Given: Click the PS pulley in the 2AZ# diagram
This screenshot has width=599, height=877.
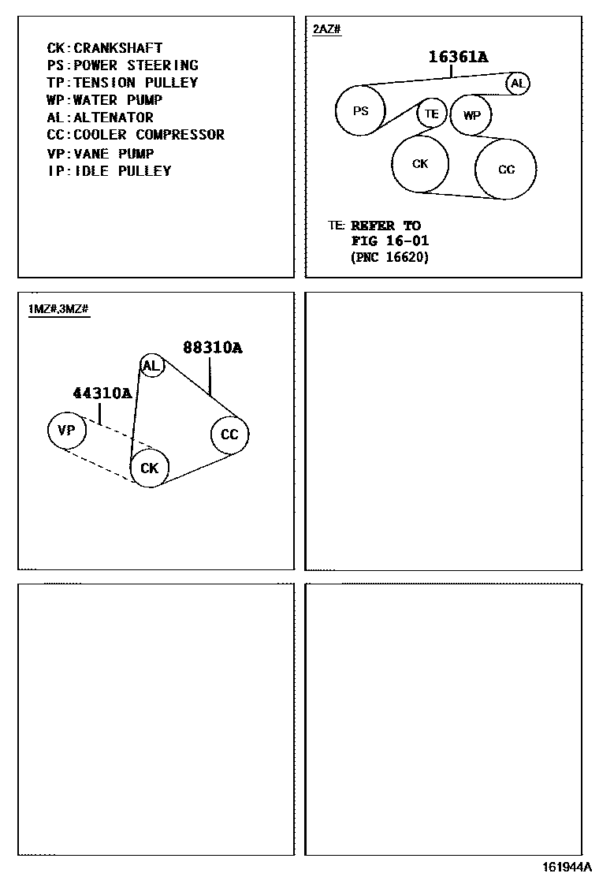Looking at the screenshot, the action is (x=360, y=111).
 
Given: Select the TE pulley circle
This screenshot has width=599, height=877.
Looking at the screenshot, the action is (x=431, y=114).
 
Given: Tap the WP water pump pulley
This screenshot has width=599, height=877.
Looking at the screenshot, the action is (x=471, y=115).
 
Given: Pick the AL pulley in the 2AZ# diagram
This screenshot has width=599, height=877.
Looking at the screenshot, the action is (x=518, y=83).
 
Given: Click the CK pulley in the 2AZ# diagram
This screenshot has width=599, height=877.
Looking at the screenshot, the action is (x=421, y=163).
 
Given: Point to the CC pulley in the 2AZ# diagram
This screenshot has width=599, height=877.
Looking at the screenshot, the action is (x=506, y=169).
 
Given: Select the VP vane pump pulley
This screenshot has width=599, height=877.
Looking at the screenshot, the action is (x=67, y=430).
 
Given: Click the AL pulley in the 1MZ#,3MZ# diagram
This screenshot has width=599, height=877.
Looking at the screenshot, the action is (x=151, y=365).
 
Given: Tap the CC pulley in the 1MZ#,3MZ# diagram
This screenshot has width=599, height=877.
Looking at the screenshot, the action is (x=229, y=435).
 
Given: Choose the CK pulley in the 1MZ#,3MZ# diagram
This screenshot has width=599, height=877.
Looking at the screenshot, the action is (x=150, y=468).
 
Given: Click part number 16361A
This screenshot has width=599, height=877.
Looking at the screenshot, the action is (x=458, y=56).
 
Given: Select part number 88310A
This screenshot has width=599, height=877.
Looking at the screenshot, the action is (x=212, y=347).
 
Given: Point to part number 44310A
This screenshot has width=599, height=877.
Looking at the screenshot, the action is (x=102, y=393).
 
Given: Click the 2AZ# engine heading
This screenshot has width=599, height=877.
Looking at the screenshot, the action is (x=326, y=29).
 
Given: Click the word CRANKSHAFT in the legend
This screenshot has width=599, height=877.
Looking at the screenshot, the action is (x=118, y=48).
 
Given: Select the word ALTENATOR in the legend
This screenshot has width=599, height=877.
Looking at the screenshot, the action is (x=113, y=118).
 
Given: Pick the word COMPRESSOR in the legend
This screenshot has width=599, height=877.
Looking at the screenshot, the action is (x=180, y=135).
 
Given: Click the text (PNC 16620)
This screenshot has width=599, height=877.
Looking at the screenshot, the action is (x=390, y=257).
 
